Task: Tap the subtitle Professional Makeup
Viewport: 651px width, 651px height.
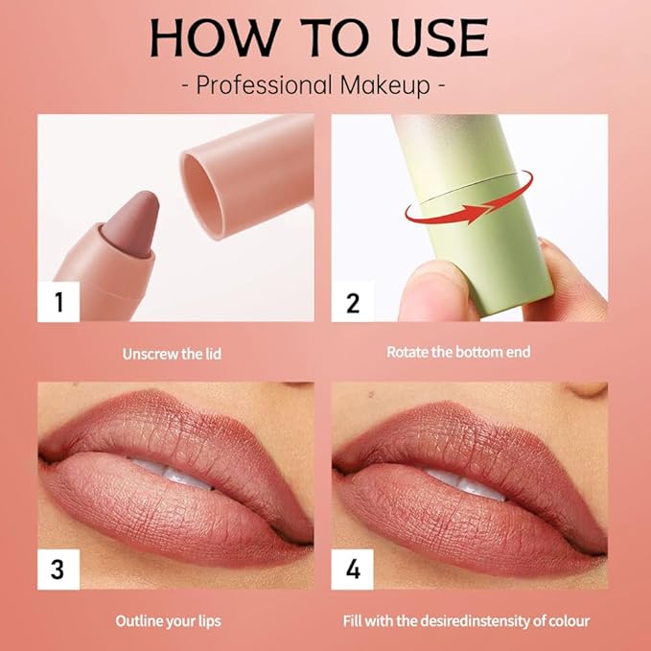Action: pyautogui.click(x=313, y=84)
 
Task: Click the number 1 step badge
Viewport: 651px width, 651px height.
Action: pyautogui.click(x=59, y=303)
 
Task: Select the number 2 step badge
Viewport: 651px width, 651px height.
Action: pyautogui.click(x=353, y=303)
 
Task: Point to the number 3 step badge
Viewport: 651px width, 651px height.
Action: pyautogui.click(x=59, y=569)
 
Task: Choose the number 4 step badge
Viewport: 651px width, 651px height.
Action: pyautogui.click(x=353, y=569)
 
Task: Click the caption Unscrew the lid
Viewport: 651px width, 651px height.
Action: pyautogui.click(x=172, y=354)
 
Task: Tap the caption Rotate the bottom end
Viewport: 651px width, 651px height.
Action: pyautogui.click(x=458, y=352)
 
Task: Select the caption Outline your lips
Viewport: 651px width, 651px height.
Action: pyautogui.click(x=169, y=621)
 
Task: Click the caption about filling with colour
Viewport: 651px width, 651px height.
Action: pyautogui.click(x=466, y=621)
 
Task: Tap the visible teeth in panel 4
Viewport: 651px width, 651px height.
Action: pyautogui.click(x=470, y=477)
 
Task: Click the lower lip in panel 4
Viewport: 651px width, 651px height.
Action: pyautogui.click(x=470, y=523)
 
